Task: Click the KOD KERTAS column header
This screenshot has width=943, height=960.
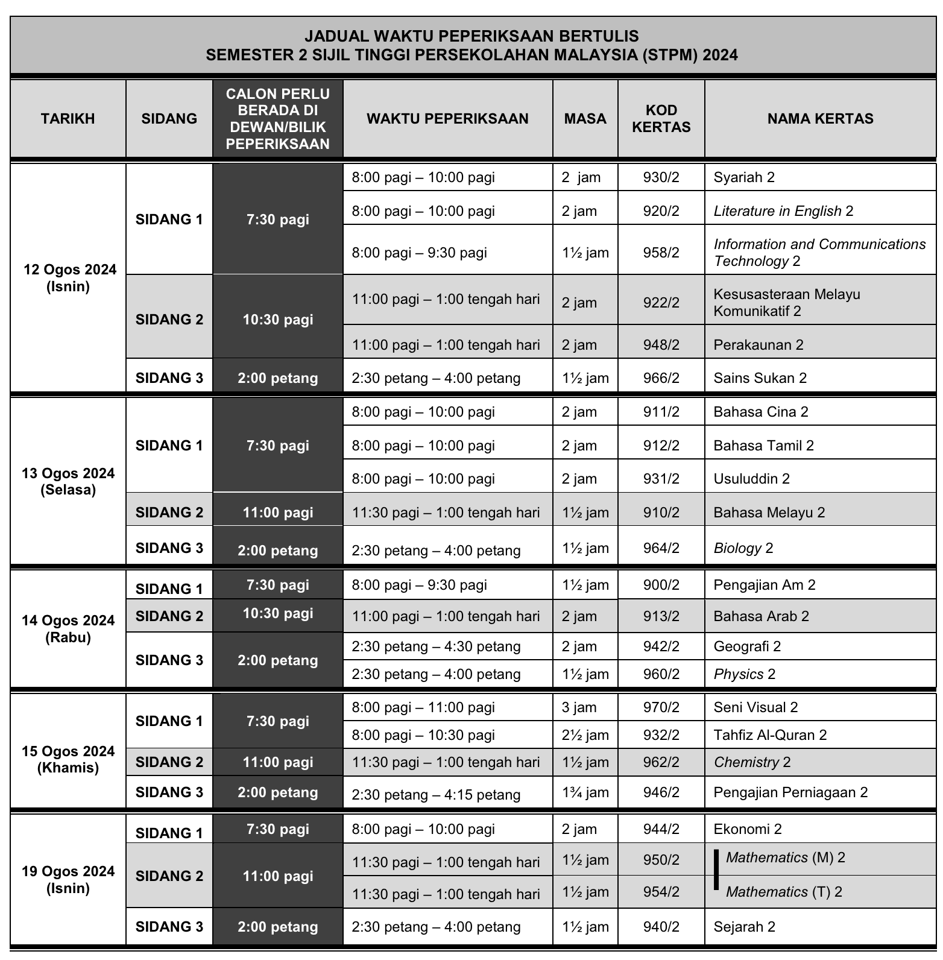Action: click(x=661, y=119)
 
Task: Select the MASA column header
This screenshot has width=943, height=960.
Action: click(x=585, y=119)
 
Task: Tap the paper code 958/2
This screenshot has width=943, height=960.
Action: click(x=661, y=253)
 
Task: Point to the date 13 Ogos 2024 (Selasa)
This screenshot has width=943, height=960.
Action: click(x=68, y=481)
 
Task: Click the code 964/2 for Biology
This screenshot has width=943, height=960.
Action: click(x=661, y=548)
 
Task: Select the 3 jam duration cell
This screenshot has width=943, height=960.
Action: click(x=579, y=707)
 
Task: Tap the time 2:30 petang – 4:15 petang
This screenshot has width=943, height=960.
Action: click(x=436, y=795)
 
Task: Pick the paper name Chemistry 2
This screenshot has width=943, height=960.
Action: click(x=752, y=762)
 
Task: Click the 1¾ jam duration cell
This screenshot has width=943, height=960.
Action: click(x=585, y=792)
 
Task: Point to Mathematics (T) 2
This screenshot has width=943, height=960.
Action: click(x=784, y=892)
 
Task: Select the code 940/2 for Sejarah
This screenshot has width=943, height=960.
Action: click(x=661, y=927)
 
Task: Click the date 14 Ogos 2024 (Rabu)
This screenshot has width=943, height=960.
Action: click(x=68, y=629)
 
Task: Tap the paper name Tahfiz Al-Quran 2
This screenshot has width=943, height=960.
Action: click(x=770, y=735)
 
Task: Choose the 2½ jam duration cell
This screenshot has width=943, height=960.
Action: click(x=585, y=735)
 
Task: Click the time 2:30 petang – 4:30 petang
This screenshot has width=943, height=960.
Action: click(x=436, y=646)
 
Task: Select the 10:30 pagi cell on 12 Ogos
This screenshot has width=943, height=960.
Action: click(x=278, y=320)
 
